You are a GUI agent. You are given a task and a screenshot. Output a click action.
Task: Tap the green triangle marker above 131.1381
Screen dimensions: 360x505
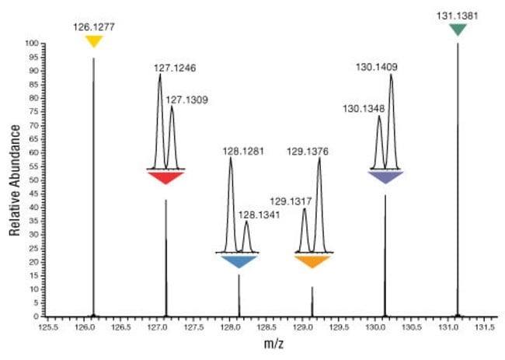[x=458, y=29]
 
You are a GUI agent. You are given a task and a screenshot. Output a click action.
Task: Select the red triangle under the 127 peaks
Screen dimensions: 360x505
[x=165, y=177]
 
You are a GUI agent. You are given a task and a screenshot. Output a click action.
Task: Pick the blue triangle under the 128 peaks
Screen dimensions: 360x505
[x=239, y=261]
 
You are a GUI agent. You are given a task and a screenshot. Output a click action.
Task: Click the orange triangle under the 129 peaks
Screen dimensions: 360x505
[x=312, y=260]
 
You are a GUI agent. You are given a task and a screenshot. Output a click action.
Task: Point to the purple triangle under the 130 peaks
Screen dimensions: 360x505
[x=385, y=177]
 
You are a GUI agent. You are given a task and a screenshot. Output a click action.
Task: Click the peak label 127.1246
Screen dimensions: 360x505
[x=174, y=68]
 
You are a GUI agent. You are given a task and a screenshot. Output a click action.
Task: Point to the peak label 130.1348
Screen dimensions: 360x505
[x=363, y=109]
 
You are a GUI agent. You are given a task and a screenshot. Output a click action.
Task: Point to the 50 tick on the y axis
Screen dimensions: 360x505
[x=34, y=180]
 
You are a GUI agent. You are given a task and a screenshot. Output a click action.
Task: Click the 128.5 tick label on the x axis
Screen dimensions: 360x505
[x=266, y=327]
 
